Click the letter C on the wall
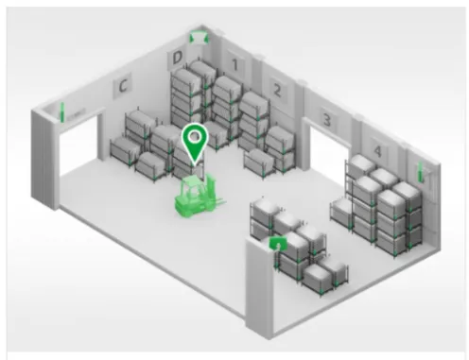tap(123, 85)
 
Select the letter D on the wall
tap(177, 58)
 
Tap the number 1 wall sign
tap(234, 64)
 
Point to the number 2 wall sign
tap(277, 91)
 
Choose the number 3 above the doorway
tap(327, 120)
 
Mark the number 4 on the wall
tap(377, 151)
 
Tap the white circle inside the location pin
tap(195, 137)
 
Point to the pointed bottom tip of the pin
tap(195, 165)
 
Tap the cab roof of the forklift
tap(192, 181)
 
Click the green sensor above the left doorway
tap(62, 112)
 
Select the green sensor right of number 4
tap(420, 172)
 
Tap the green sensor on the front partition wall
tap(277, 243)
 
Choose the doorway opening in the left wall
tap(78, 147)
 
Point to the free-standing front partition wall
tap(258, 288)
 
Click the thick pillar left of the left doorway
tap(45, 159)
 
